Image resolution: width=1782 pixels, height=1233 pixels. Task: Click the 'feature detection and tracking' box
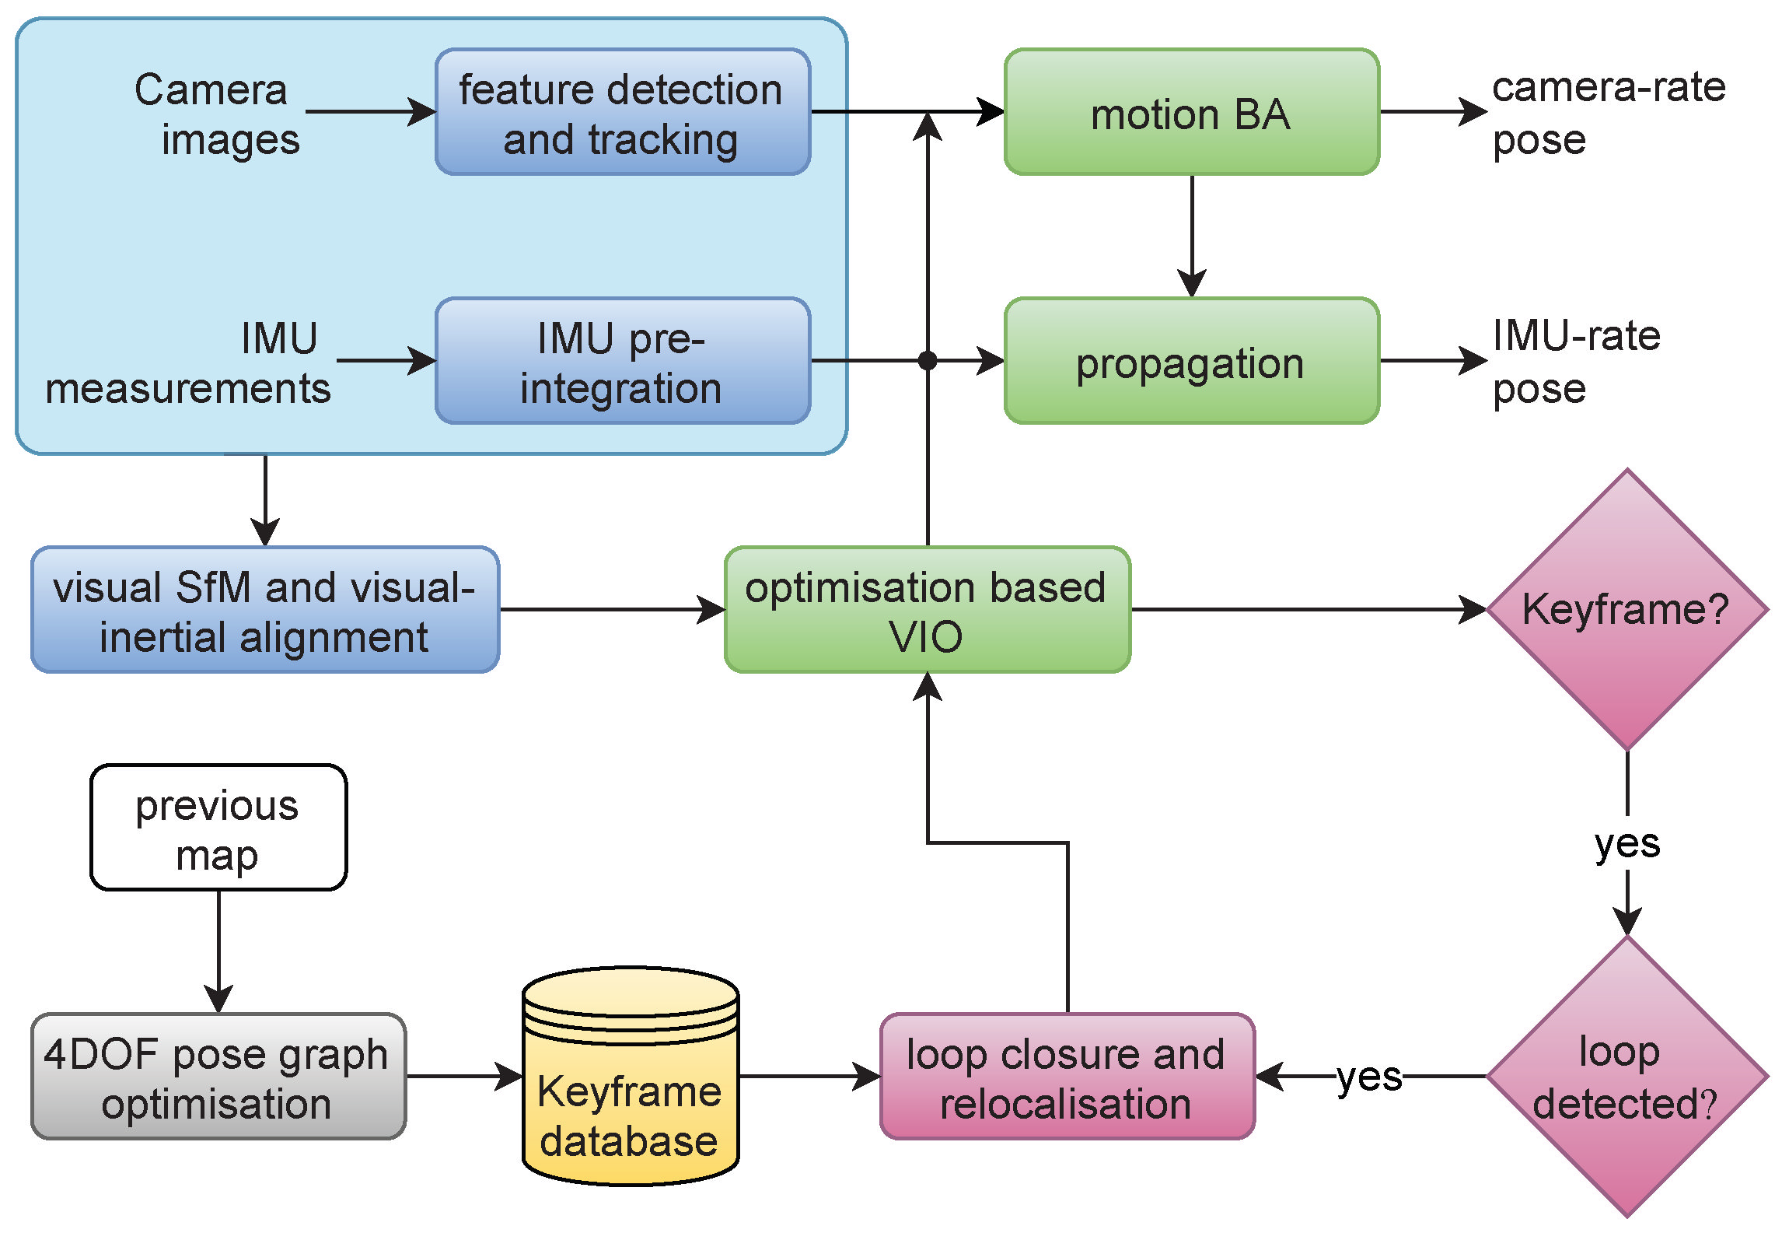(x=623, y=112)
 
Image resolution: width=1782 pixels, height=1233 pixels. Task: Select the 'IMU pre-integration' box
(x=623, y=361)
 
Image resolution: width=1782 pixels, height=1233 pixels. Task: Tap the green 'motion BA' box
(x=1191, y=112)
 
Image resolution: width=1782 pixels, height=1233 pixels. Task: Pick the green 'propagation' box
(x=1191, y=361)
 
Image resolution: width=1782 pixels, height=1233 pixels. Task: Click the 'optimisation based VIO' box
(x=927, y=610)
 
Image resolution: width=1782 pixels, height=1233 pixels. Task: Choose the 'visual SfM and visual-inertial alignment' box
(x=265, y=610)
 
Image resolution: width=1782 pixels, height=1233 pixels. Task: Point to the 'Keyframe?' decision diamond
(x=1627, y=610)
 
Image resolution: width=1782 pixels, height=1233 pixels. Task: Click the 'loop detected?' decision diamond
(x=1627, y=1077)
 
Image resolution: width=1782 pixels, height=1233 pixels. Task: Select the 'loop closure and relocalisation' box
(x=1067, y=1077)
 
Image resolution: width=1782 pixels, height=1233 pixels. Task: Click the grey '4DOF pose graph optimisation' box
(x=218, y=1077)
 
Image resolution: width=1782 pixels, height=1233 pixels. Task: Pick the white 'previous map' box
(x=218, y=828)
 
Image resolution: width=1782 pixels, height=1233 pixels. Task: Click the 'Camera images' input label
(x=218, y=114)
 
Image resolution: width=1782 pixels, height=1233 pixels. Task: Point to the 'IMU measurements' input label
(x=189, y=363)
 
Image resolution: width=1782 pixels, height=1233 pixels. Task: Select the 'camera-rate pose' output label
(x=1608, y=114)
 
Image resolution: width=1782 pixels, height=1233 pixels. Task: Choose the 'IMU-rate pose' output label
(x=1576, y=363)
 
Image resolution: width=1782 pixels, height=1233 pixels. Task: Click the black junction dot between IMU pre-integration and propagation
(x=928, y=361)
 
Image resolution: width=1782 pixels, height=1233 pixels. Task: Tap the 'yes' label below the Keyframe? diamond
(x=1627, y=843)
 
